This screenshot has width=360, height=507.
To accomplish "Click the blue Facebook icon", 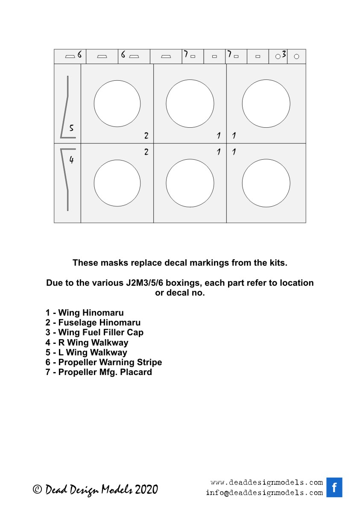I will coord(334,487).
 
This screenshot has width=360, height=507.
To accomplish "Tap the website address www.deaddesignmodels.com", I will coord(266,483).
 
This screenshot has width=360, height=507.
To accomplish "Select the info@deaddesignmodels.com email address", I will coord(264,492).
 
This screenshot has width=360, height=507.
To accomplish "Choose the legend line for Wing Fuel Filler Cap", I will coord(94,332).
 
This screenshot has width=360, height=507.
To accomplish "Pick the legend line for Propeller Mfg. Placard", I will coord(99,372).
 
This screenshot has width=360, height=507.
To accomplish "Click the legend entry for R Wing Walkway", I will coord(87,342).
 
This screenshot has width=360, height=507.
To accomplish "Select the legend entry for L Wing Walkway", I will coord(86,352).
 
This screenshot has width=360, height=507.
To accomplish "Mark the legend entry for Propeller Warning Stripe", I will coord(104,362).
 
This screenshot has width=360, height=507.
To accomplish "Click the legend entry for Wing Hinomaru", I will coord(85,313).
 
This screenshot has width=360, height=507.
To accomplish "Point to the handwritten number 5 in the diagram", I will coord(71,128).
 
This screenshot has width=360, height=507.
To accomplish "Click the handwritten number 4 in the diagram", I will coord(71,161).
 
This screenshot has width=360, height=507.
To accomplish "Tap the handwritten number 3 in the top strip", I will coord(284,55).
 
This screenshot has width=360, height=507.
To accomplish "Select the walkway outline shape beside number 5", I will coord(66,107).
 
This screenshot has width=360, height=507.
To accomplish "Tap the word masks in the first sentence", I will coord(110,263).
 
